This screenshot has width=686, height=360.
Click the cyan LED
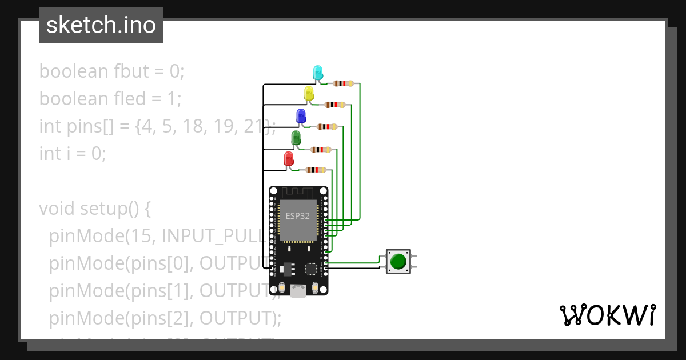318,73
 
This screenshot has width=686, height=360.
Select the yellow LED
309,94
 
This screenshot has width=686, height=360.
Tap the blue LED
301,116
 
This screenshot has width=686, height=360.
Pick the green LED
296,138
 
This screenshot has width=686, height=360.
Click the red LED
289,159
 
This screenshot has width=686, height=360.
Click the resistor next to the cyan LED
343,83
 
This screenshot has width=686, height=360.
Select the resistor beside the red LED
316,170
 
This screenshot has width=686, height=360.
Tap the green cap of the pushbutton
398,262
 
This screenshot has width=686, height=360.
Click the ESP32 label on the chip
298,215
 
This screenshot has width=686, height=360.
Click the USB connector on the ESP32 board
298,291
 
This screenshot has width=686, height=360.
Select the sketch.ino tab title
101,25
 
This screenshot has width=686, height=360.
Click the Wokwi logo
607,315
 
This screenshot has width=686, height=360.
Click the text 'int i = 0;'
73,154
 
